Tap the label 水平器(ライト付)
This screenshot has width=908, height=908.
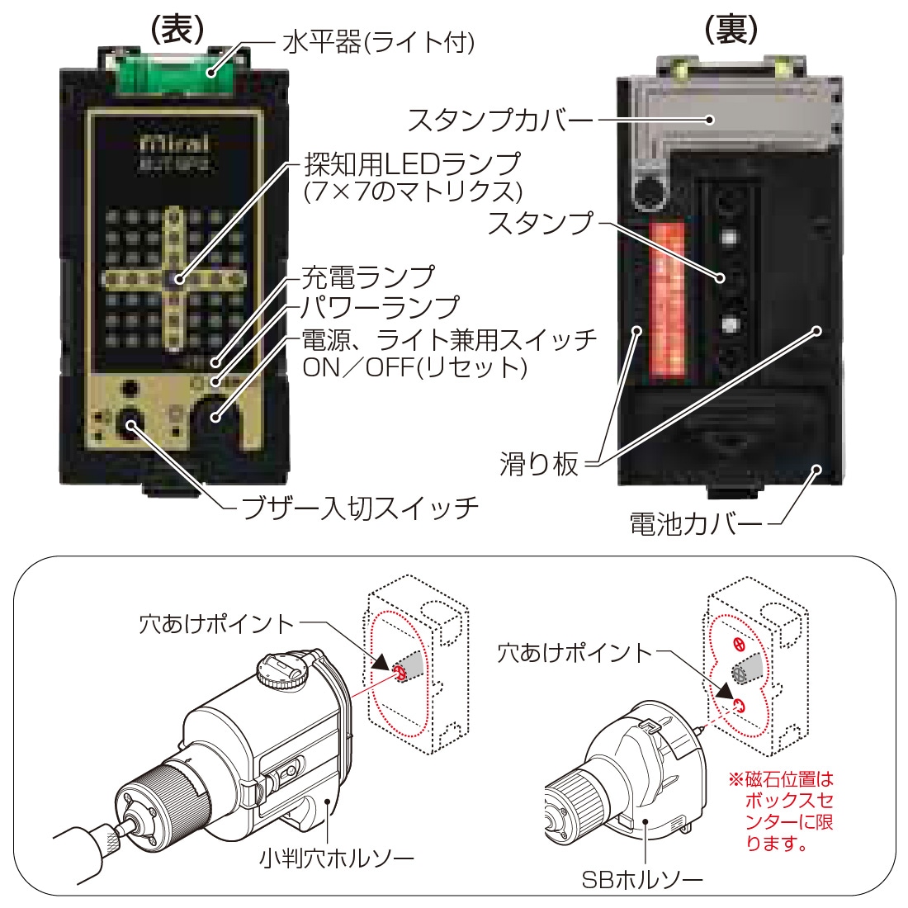click(x=377, y=42)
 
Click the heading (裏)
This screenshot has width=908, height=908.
click(x=731, y=28)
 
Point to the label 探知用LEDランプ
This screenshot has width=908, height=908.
click(x=413, y=163)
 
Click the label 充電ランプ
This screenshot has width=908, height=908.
click(x=367, y=277)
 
